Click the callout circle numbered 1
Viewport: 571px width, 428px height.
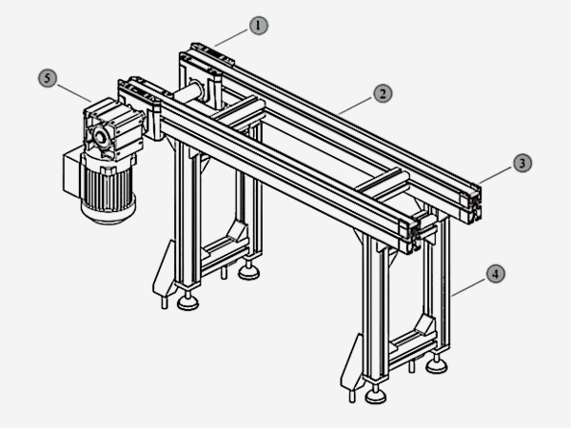point(259,26)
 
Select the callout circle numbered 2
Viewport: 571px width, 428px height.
point(383,94)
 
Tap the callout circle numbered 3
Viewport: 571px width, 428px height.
point(522,164)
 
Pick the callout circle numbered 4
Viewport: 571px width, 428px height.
point(496,274)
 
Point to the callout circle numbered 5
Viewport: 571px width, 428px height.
point(48,78)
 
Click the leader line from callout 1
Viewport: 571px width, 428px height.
point(232,38)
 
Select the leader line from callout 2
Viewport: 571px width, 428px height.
point(356,106)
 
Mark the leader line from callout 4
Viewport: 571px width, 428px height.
point(469,287)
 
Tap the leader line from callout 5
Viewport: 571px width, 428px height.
point(74,93)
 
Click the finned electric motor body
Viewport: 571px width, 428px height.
point(108,189)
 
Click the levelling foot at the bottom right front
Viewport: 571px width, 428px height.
point(376,396)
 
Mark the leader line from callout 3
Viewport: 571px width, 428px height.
point(497,175)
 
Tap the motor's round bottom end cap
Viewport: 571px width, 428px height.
point(108,214)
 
